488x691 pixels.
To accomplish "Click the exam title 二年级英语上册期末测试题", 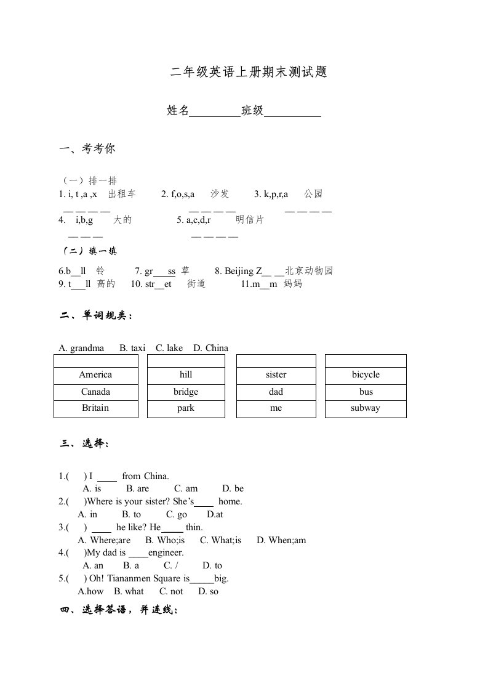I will point(248,73).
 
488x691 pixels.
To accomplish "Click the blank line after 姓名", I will point(215,111).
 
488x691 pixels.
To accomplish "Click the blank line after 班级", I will point(292,111).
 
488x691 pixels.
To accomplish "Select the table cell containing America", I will point(95,375).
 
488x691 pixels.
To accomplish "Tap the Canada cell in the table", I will point(95,392).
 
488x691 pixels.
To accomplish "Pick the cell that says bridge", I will point(186,392).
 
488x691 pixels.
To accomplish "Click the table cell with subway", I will point(366,408).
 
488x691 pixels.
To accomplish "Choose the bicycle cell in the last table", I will point(366,375).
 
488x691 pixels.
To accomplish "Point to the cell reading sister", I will point(276,375).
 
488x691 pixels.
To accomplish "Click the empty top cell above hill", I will point(186,361).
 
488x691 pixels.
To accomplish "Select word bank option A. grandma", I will point(81,348).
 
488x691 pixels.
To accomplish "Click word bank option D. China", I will point(210,348).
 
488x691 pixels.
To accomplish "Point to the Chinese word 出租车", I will point(122,194).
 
